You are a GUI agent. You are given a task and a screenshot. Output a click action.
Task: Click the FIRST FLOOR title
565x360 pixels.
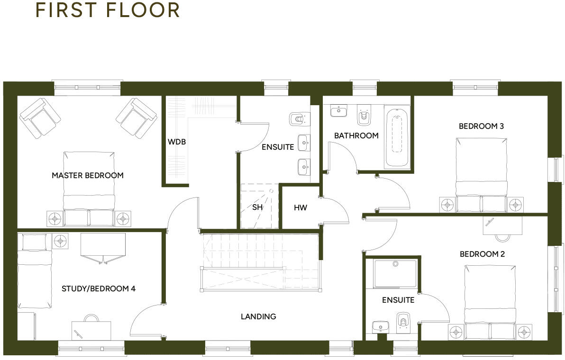click(108, 10)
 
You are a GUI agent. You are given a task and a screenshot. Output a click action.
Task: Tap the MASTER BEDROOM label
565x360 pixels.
click(88, 175)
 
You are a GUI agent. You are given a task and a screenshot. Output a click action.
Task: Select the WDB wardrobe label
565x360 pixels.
click(176, 142)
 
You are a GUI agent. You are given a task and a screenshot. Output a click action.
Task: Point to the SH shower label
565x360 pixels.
click(257, 207)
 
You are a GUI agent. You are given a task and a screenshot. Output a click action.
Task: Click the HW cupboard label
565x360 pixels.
click(301, 207)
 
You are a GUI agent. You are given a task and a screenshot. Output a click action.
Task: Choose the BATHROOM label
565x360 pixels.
click(356, 135)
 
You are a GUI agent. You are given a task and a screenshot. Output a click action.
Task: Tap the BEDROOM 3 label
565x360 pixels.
click(481, 126)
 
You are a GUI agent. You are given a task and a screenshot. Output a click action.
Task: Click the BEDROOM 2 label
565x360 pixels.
click(482, 254)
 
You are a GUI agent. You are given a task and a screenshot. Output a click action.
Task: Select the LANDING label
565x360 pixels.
click(258, 316)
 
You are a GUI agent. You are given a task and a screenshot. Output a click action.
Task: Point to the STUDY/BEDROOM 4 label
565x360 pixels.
click(99, 288)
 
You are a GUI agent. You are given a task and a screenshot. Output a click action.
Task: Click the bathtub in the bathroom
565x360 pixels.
click(397, 137)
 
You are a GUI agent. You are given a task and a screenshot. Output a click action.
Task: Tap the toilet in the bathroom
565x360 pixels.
click(365, 116)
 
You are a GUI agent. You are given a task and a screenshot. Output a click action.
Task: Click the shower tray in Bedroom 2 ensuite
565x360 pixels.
click(395, 273)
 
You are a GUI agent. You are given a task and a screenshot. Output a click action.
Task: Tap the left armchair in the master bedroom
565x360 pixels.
click(40, 118)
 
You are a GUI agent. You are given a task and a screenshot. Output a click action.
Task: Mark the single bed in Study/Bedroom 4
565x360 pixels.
click(34, 272)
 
